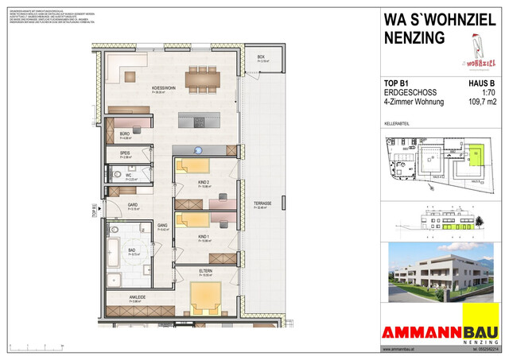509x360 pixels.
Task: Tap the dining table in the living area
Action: [204, 78]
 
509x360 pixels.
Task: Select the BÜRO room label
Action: [124, 134]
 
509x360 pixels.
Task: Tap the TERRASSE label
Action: [262, 204]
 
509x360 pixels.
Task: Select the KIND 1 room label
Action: [204, 238]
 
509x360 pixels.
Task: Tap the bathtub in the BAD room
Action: [114, 255]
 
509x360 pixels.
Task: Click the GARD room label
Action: [134, 205]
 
